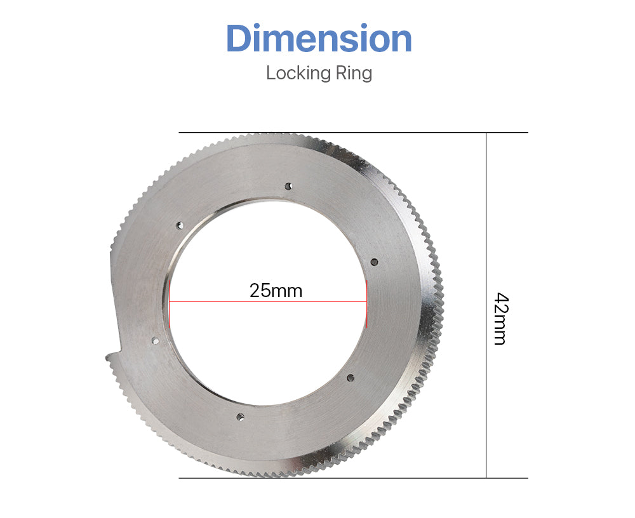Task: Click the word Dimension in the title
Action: point(319,38)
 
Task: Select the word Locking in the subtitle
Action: point(298,74)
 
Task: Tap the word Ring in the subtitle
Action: point(354,74)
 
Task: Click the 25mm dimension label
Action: point(276,291)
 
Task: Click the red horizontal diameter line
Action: point(268,302)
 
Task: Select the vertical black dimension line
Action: point(486,305)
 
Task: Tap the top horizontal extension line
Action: point(353,133)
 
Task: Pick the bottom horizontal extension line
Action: point(353,478)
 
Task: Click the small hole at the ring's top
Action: point(288,186)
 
